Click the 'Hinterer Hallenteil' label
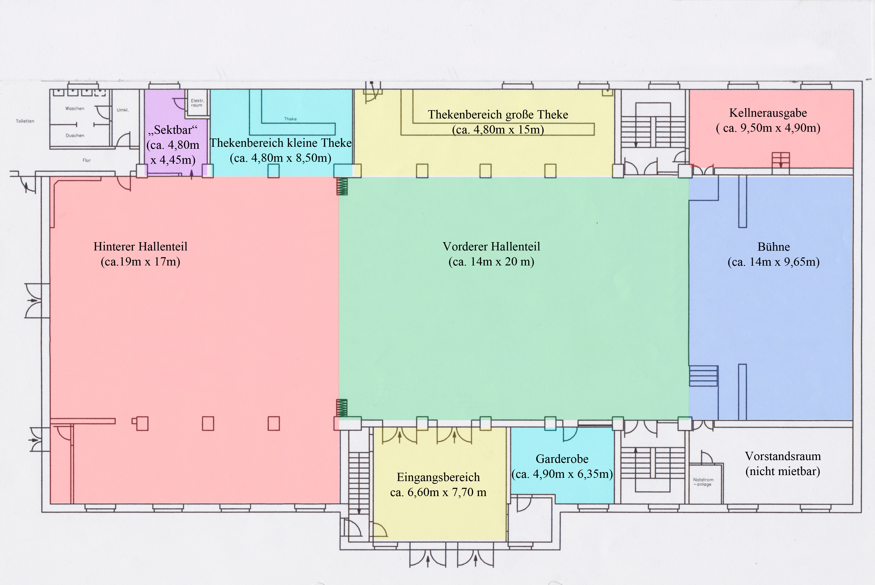(140, 247)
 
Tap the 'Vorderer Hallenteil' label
(491, 247)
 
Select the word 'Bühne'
(774, 247)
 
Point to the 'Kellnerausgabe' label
(768, 113)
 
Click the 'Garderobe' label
(562, 459)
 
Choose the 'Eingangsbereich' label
(438, 477)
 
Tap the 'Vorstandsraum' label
(783, 456)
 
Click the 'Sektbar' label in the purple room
(173, 130)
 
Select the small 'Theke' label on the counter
(290, 119)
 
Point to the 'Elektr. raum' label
(197, 103)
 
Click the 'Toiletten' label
(25, 121)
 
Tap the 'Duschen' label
(75, 135)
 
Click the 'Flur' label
(87, 160)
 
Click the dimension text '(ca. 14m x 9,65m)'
(774, 262)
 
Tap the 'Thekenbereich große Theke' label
(498, 114)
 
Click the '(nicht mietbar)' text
(783, 472)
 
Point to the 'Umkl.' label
(123, 110)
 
